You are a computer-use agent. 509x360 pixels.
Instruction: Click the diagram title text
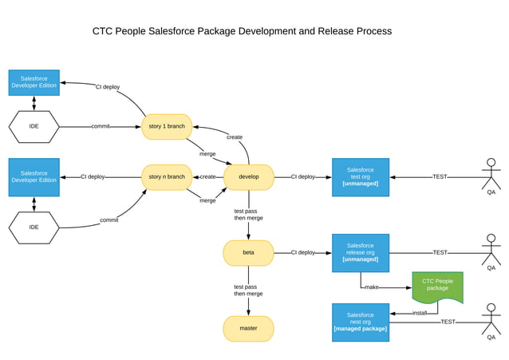coord(242,31)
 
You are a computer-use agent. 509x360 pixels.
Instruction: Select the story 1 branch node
coord(167,126)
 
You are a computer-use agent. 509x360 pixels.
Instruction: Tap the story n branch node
coord(167,176)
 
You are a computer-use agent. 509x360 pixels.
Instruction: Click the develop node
coord(248,176)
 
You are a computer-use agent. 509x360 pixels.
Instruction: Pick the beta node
coord(248,252)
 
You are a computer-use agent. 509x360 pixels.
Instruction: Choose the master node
coord(248,328)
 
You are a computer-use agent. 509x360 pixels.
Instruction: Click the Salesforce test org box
coord(361,176)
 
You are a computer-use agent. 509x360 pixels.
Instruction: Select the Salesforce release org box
coord(361,252)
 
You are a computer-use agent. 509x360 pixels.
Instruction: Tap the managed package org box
coord(361,322)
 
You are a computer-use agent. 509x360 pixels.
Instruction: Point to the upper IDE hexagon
coord(34,126)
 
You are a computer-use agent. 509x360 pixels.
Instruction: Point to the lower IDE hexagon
coord(34,227)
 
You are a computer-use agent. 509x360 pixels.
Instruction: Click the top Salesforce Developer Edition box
coord(34,82)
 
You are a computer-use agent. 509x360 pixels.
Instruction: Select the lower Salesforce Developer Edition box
coord(34,176)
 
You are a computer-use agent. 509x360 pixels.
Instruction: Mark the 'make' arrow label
coord(371,287)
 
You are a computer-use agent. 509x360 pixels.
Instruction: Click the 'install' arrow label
coord(419,313)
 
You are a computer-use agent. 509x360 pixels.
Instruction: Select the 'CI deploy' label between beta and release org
coord(302,252)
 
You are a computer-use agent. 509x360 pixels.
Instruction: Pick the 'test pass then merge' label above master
coord(245,290)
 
